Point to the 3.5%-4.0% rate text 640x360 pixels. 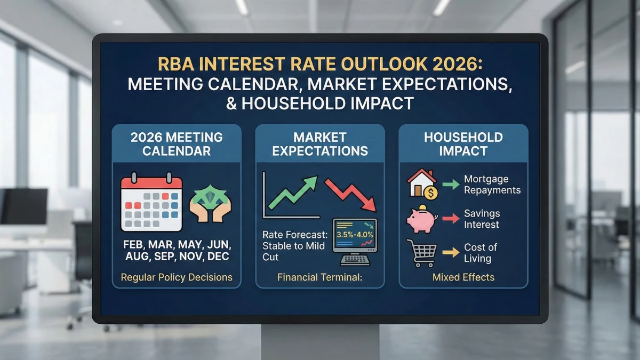click(354, 234)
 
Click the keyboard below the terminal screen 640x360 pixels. click(355, 260)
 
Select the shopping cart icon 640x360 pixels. click(421, 253)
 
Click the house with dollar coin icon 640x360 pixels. click(423, 185)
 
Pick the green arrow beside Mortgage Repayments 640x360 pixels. click(451, 185)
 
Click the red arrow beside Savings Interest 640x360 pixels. click(451, 218)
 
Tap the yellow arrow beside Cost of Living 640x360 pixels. click(451, 252)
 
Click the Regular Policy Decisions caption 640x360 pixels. click(177, 277)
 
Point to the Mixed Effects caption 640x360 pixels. click(463, 277)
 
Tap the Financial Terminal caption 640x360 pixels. click(319, 277)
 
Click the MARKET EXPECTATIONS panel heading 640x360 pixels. click(320, 144)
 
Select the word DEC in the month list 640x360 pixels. click(216, 257)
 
